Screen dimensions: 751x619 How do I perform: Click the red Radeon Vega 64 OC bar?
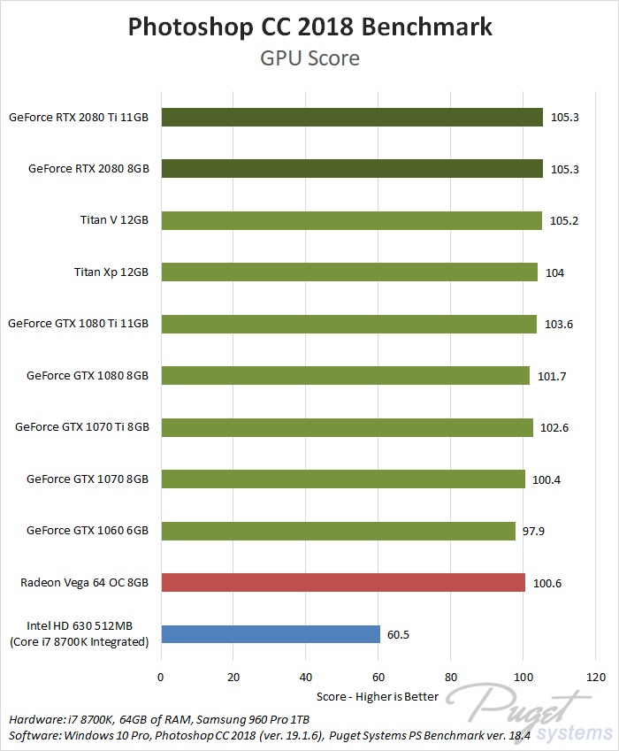pos(343,582)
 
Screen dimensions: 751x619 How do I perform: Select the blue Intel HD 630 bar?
pos(271,634)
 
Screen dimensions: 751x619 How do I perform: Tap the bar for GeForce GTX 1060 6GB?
pos(338,531)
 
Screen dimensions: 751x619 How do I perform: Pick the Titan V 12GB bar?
pos(351,220)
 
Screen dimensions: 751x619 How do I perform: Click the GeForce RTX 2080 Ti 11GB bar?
pos(352,117)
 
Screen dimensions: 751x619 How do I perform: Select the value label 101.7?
pos(551,376)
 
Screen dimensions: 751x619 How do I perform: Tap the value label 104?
pos(554,272)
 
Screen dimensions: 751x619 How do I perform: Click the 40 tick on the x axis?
pos(306,678)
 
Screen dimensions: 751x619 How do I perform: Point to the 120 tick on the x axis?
pos(596,678)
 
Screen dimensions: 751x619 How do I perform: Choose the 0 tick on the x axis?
pos(161,678)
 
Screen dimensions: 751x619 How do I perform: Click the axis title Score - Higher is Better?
pos(378,696)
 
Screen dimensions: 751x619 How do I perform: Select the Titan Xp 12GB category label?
pos(111,272)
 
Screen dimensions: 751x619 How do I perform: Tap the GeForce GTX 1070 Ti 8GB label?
pos(82,427)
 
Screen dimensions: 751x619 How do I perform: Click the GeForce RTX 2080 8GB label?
pos(88,168)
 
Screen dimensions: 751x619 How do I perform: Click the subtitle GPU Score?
pos(309,58)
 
